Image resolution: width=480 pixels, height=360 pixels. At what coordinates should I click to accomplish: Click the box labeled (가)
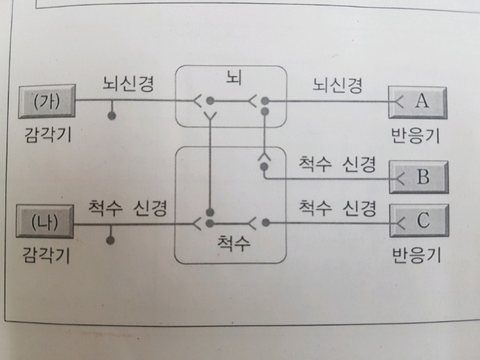[47, 102]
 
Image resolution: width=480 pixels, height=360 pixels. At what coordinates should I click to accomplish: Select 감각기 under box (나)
[46, 254]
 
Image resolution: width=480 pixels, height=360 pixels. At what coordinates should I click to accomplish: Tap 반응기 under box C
[416, 254]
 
